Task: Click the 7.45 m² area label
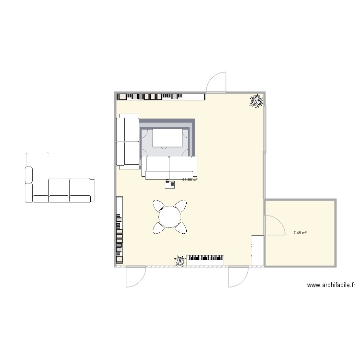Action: (300, 233)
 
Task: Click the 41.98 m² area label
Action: (190, 180)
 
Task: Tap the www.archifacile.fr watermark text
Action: (331, 285)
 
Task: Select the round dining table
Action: (169, 216)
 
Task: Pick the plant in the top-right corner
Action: (257, 101)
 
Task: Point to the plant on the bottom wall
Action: (180, 261)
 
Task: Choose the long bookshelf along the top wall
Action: (161, 96)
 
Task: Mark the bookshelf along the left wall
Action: (119, 230)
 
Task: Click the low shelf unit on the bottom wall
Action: (205, 260)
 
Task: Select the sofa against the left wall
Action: (127, 141)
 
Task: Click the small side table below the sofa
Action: (170, 185)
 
